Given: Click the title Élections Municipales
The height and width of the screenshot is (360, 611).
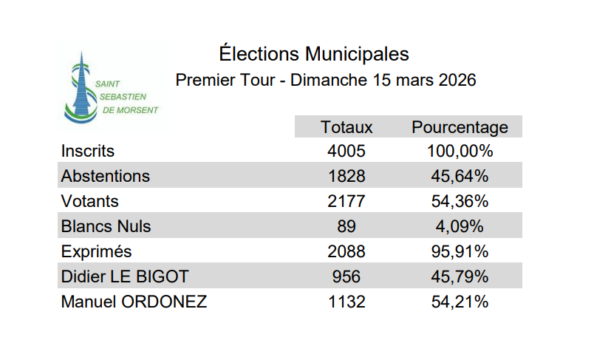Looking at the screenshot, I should pos(314,54).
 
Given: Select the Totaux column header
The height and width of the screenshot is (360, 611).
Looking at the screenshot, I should pos(347,127).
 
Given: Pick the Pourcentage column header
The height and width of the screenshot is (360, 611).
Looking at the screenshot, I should pos(460,127).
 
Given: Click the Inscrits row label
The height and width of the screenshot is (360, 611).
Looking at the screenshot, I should pos(88,152).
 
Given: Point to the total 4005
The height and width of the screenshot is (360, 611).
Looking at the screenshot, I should pos(347,152).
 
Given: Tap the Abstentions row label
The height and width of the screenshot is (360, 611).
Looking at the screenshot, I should pos(105,177).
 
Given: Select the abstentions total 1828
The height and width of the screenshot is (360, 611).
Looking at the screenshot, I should pos(347,177).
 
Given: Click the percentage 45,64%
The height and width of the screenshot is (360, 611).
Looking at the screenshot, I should pos(460,177).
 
